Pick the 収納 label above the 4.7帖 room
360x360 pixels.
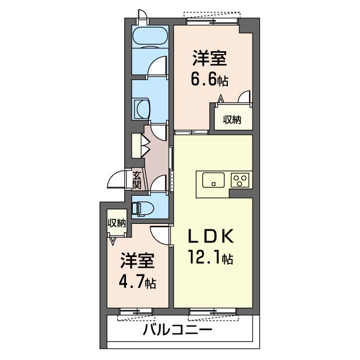(x=116, y=223)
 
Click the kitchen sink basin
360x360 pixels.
(x=213, y=181)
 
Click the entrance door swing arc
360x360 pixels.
(x=117, y=179)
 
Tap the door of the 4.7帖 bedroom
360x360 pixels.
(x=160, y=234)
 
